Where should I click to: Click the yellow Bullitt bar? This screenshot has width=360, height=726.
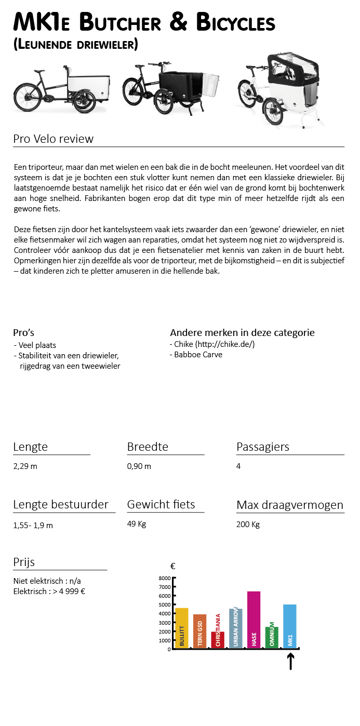pyautogui.click(x=182, y=627)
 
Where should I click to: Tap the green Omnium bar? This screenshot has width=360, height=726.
pyautogui.click(x=272, y=637)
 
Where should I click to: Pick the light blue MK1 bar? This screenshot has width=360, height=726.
pyautogui.click(x=290, y=626)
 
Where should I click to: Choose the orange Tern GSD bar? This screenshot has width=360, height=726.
pyautogui.click(x=200, y=630)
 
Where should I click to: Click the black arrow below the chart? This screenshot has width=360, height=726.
pyautogui.click(x=290, y=661)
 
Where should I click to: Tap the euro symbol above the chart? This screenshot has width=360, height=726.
pyautogui.click(x=172, y=566)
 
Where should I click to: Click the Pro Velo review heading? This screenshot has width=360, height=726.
pyautogui.click(x=53, y=139)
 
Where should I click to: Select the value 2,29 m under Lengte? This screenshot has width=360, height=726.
pyautogui.click(x=25, y=466)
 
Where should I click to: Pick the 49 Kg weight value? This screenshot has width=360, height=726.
pyautogui.click(x=136, y=523)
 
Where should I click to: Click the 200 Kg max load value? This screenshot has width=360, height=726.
pyautogui.click(x=248, y=524)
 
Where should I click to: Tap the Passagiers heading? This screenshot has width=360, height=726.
pyautogui.click(x=262, y=447)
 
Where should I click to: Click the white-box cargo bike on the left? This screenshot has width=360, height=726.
pyautogui.click(x=61, y=89)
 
